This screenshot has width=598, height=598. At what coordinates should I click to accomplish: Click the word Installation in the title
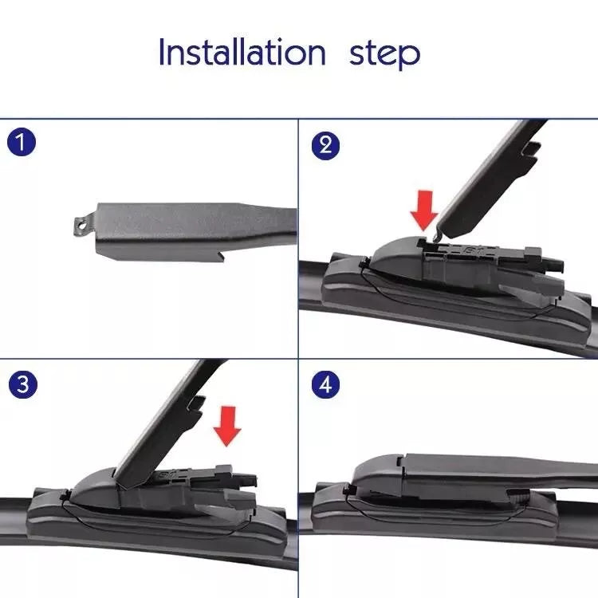(x=242, y=52)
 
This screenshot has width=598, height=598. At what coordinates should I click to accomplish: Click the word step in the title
(x=385, y=54)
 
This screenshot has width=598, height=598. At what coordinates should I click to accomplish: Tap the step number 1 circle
(x=22, y=142)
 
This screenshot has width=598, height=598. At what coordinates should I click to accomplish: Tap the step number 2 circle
(x=325, y=145)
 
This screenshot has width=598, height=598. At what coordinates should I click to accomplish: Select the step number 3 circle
(x=23, y=384)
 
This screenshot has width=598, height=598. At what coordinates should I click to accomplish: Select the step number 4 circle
(x=325, y=384)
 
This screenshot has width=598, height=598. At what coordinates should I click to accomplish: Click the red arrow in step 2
(x=424, y=210)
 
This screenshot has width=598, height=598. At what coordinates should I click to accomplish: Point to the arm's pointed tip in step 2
(x=437, y=236)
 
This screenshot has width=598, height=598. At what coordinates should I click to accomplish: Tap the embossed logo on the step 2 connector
(x=468, y=250)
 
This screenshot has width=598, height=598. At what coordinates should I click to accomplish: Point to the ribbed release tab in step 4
(x=519, y=497)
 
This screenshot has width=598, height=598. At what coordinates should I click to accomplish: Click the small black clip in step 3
(x=65, y=495)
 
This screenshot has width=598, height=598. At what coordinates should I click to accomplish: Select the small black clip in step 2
(x=364, y=262)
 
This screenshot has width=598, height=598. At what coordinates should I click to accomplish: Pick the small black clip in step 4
(x=348, y=490)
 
